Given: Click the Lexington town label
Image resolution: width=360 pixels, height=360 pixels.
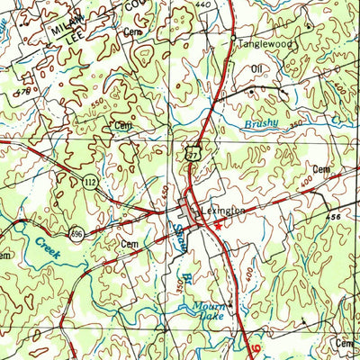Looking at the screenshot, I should pos(224,210).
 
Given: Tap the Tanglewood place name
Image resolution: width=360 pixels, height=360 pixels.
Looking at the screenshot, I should pos(261,42).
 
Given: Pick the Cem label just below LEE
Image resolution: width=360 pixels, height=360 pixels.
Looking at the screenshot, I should pos(132,33).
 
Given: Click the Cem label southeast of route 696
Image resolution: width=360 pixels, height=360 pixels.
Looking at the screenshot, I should pos(130,244).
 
